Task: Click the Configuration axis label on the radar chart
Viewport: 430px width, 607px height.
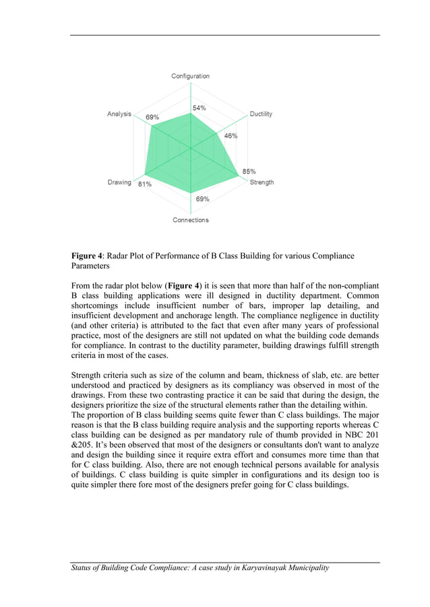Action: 190,76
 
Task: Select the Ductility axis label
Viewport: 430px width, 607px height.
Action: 261,114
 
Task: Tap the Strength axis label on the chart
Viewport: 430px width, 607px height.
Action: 262,182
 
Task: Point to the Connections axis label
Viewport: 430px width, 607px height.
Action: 190,220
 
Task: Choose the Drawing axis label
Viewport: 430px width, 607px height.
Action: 119,182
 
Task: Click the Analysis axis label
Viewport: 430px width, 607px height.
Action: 119,114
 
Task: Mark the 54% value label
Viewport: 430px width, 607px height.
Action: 199,108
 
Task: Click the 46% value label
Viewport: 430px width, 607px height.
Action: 231,136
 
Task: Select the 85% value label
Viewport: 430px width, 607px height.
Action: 249,172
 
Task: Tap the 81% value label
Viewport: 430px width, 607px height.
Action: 144,184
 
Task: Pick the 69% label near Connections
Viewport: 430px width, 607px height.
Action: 202,199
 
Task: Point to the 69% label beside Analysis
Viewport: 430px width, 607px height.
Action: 153,118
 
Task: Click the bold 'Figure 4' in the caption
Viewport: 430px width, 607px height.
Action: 87,256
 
